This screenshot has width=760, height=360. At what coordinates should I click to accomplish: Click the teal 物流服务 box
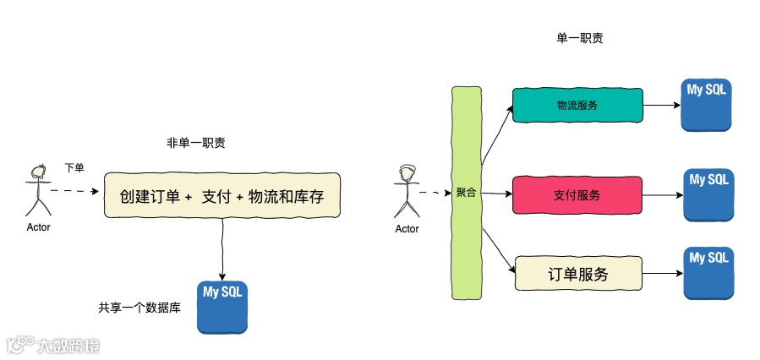click(577, 106)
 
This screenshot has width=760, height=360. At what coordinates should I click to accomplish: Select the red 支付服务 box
click(577, 195)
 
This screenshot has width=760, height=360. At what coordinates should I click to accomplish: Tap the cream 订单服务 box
click(577, 275)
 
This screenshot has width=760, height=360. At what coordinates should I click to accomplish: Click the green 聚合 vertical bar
click(466, 193)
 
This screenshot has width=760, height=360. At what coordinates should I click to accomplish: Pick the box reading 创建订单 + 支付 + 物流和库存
click(221, 196)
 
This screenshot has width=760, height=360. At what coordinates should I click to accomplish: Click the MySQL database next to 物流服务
click(707, 105)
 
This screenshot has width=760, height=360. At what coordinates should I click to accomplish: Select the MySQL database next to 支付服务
click(708, 195)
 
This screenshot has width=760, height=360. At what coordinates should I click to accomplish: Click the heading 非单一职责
click(195, 143)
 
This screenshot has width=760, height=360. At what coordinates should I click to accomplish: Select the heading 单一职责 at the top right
click(579, 38)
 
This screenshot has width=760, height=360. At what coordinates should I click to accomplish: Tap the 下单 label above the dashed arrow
click(74, 167)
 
